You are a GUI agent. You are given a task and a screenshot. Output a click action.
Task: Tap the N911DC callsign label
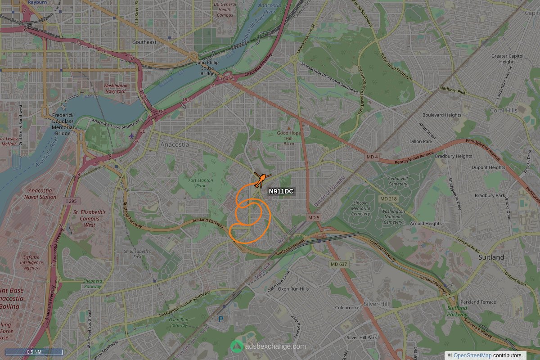point(281,192)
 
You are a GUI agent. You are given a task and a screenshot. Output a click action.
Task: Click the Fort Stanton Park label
point(201,183)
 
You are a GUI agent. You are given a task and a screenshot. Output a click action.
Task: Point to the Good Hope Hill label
point(288,136)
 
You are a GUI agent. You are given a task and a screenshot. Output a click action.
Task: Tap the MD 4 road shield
point(372,157)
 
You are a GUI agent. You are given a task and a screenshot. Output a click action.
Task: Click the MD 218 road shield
point(388,199)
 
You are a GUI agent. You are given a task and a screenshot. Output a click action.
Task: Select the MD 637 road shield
point(338,264)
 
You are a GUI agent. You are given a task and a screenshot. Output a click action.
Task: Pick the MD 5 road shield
point(313,218)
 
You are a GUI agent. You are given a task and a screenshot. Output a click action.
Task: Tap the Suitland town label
point(491,257)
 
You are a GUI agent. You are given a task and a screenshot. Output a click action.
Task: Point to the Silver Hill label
point(376,304)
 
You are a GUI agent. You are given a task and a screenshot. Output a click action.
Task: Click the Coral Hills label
point(504,110)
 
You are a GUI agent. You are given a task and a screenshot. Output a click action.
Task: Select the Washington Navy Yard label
point(115,88)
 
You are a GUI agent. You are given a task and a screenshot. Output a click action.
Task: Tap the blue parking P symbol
point(220,319)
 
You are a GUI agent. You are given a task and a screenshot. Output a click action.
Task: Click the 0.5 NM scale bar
point(34,352)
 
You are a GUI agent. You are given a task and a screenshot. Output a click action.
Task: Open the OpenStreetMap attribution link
point(472,355)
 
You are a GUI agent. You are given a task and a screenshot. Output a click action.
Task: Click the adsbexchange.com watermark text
point(275,346)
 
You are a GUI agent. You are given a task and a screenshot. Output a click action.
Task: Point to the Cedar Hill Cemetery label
point(397,181)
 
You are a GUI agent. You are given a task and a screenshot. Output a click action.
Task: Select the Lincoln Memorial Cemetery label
point(360,208)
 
